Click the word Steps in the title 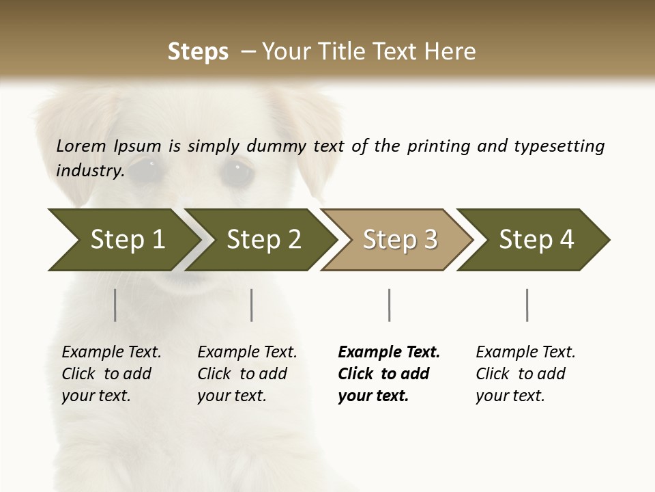[x=198, y=52]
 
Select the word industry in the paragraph [x=89, y=170]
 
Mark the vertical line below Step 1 [x=115, y=305]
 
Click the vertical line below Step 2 [x=252, y=305]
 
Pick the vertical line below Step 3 [x=390, y=305]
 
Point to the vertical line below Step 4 [x=527, y=305]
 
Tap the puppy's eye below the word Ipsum [x=145, y=168]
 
